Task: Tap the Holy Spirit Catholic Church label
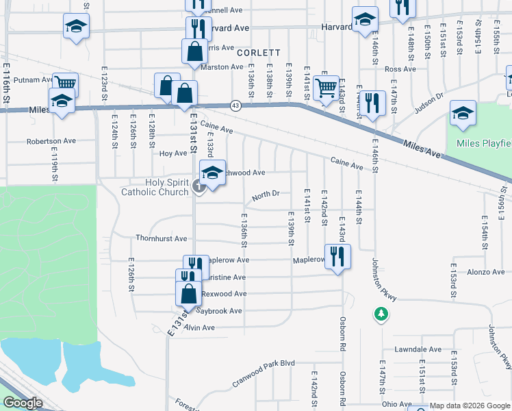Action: coord(155,187)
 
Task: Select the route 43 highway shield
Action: coord(235,105)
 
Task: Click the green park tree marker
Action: coord(381,314)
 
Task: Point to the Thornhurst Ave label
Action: coord(161,239)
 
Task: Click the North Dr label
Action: coord(266,195)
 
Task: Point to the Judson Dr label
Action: coord(430,102)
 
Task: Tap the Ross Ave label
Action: coord(400,69)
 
